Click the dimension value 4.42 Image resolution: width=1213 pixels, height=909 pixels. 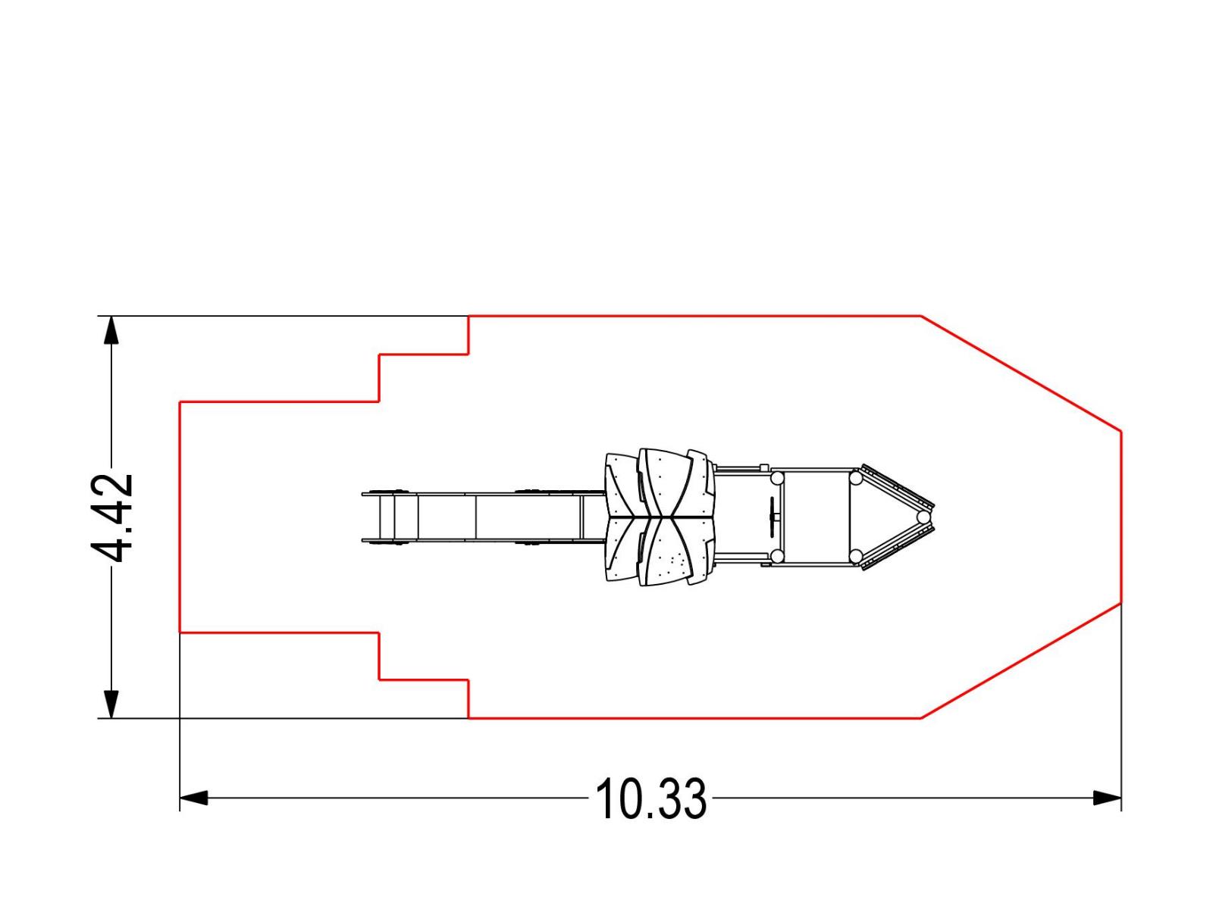tap(112, 517)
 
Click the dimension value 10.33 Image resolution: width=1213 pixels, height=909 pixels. tap(650, 798)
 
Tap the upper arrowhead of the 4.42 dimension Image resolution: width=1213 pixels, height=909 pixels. tap(111, 330)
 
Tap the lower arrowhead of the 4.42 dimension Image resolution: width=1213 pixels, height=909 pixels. tap(111, 704)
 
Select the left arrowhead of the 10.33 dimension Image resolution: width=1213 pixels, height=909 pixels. tap(194, 798)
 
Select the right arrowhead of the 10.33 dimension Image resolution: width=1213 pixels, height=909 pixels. tap(1107, 798)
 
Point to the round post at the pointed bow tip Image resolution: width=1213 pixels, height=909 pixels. tap(923, 517)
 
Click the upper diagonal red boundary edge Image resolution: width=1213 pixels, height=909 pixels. tap(1021, 373)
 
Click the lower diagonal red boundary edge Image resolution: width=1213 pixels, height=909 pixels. tap(1021, 661)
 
